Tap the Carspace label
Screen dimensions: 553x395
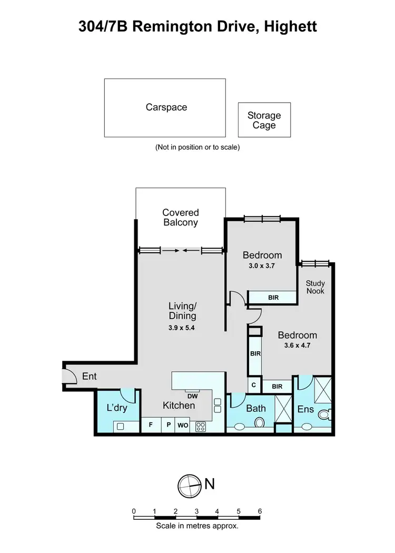pos(166,107)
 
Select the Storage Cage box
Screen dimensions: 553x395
pos(264,120)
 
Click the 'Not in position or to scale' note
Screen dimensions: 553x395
pos(197,147)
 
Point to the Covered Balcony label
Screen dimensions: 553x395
pos(180,218)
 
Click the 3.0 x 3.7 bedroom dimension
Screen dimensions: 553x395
pos(262,266)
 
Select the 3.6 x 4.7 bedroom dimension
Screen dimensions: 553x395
pos(298,347)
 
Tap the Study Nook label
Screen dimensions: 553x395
pos(315,287)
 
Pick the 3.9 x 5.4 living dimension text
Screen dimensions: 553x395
pos(182,328)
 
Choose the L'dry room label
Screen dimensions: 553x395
pos(117,408)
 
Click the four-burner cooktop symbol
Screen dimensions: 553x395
pos(201,427)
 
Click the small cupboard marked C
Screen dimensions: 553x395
pos(254,386)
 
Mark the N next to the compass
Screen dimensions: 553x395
pos(209,483)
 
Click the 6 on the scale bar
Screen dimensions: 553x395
pos(260,511)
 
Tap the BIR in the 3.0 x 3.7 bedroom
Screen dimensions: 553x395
pos(273,298)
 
